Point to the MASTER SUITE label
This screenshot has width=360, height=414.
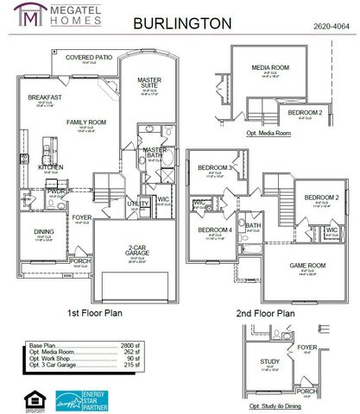149,83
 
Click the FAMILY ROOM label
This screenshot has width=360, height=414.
85,122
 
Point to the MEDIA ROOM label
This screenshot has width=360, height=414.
269,67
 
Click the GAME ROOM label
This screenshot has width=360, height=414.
306,267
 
